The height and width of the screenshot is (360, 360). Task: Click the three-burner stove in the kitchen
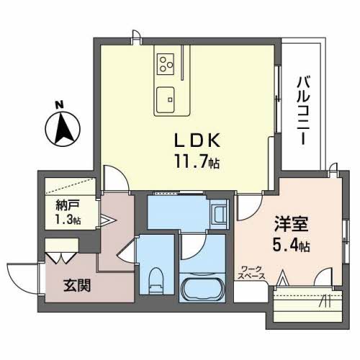[166, 64]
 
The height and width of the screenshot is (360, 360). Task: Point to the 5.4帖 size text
[291, 246]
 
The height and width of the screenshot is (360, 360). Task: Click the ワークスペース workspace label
[253, 271]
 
